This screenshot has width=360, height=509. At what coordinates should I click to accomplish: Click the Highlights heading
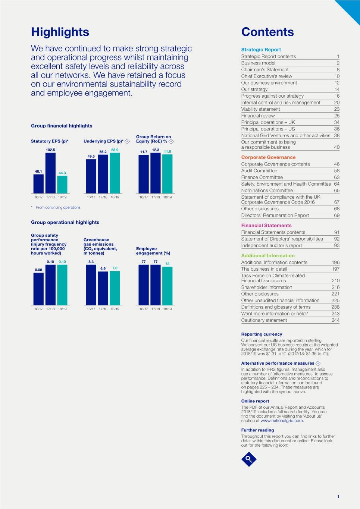(60, 32)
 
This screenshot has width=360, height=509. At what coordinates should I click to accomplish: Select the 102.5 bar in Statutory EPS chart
(50, 173)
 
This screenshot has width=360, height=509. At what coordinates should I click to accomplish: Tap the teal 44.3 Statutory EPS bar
(62, 184)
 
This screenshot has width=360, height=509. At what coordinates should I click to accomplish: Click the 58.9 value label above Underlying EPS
(115, 150)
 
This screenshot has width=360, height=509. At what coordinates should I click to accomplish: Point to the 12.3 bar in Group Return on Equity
(156, 173)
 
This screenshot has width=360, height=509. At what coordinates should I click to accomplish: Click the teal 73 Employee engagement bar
(168, 286)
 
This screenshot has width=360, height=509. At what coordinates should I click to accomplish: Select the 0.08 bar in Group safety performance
(38, 289)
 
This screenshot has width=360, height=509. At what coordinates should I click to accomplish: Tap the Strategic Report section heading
(261, 50)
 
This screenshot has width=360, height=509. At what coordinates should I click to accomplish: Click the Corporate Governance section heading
(268, 157)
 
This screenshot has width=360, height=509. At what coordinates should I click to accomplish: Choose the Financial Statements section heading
(266, 226)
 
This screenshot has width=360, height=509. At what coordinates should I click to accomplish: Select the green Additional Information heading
(268, 256)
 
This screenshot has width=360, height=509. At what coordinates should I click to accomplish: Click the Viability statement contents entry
(260, 109)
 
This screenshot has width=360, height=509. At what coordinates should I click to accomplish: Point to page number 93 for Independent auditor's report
(336, 245)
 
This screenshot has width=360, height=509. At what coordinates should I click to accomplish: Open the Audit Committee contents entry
(259, 171)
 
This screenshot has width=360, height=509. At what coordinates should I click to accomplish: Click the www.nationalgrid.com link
(282, 421)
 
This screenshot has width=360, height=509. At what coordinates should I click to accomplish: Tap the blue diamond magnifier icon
(249, 459)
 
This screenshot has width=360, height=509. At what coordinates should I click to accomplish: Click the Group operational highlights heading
(65, 222)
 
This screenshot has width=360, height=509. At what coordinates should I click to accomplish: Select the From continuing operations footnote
(58, 207)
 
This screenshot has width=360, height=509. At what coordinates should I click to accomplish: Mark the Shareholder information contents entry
(267, 288)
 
